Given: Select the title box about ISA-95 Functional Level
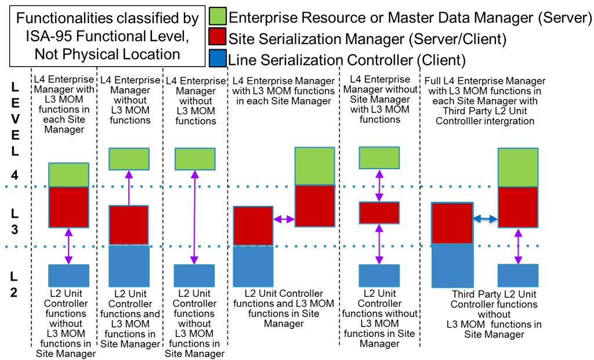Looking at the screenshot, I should click(106, 37).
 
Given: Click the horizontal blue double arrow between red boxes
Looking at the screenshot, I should click(484, 219).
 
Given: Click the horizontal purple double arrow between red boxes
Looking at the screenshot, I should click(284, 219).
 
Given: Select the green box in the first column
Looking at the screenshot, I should click(68, 174).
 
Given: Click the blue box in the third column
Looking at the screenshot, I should click(195, 275).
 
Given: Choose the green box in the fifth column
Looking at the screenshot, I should click(379, 157).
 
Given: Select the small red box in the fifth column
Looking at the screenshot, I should click(379, 212).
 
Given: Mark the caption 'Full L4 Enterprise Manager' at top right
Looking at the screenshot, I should click(485, 81).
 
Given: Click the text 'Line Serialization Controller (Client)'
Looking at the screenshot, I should click(347, 60).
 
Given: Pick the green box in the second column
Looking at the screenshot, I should click(129, 159).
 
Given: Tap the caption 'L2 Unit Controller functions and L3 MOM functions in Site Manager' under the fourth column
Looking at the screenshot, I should click(284, 308).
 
